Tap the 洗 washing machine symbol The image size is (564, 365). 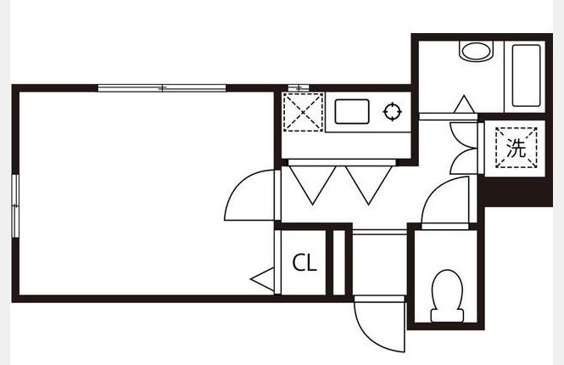(x=517, y=148)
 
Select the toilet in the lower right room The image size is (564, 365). (x=447, y=296)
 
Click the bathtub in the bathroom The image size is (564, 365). (x=526, y=76)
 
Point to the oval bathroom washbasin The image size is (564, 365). (x=476, y=52)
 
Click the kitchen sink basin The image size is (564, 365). (x=352, y=111)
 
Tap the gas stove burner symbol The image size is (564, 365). (x=392, y=111)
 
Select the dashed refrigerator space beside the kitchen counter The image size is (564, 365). (x=303, y=112)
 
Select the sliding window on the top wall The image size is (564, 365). (x=162, y=87)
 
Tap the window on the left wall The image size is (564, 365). (x=15, y=206)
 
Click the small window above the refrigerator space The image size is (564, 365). (x=299, y=87)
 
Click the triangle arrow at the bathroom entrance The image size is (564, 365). (x=464, y=104)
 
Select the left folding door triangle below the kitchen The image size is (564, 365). (x=313, y=185)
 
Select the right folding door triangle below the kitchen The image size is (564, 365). (x=369, y=185)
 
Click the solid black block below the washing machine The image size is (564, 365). (x=517, y=192)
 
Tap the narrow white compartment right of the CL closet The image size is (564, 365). (x=339, y=262)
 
